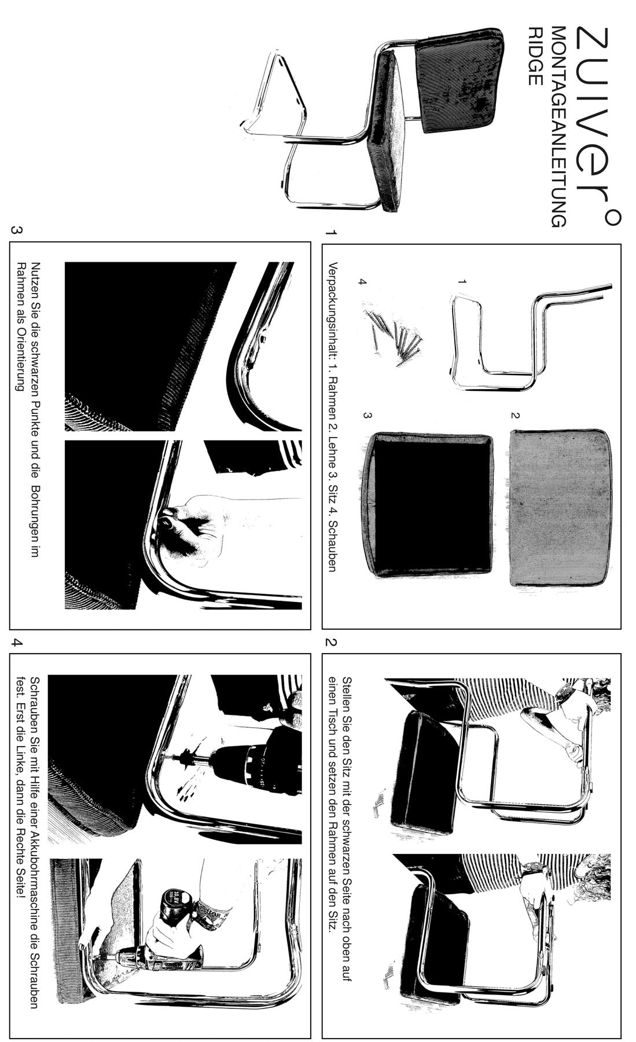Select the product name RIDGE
[534, 56]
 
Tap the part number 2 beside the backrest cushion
[514, 415]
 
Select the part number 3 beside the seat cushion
[366, 415]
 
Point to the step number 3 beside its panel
[17, 230]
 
